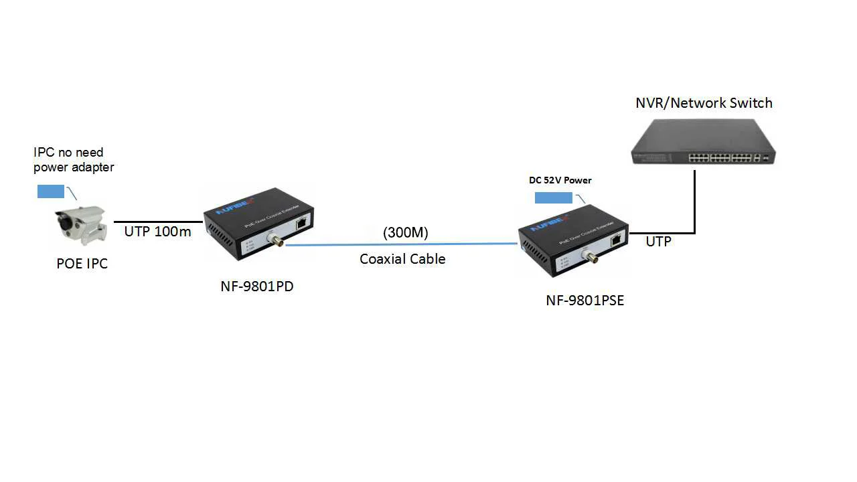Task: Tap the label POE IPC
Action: point(82,264)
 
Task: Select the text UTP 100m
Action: point(157,232)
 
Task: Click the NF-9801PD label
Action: point(257,287)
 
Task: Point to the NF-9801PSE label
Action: point(585,301)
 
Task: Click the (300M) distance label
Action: point(406,232)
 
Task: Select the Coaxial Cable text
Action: point(402,258)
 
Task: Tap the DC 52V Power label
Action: point(560,180)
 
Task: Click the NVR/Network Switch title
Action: point(704,102)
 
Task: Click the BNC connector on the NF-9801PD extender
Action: point(275,240)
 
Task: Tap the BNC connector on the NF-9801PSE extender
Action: point(591,256)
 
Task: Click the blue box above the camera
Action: point(51,191)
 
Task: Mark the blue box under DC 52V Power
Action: point(554,197)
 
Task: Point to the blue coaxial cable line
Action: point(402,245)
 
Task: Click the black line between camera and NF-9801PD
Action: point(158,222)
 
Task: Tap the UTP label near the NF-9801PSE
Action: point(658,242)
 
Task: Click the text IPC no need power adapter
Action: point(74,160)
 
